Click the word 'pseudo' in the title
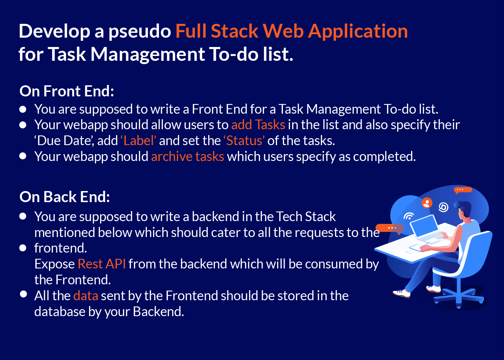click(x=140, y=31)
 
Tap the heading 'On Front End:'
click(x=67, y=91)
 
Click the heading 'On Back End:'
click(x=65, y=197)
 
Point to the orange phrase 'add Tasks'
click(x=258, y=125)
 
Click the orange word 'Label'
click(x=138, y=141)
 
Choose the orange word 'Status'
click(x=244, y=141)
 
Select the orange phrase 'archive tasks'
click(x=188, y=157)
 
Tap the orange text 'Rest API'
click(x=102, y=264)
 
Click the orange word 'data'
click(x=86, y=296)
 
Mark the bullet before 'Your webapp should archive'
click(x=23, y=156)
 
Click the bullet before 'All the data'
click(x=23, y=294)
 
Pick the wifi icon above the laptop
click(x=409, y=216)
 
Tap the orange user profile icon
click(x=427, y=203)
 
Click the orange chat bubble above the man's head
click(x=462, y=190)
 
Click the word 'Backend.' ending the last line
click(x=158, y=312)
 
